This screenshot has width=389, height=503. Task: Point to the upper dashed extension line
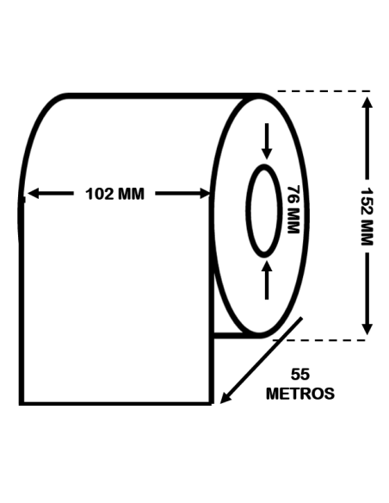click(323, 90)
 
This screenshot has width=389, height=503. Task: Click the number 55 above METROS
click(300, 375)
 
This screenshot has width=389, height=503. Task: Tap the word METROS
click(300, 394)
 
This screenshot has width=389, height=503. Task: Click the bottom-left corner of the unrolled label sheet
click(22, 402)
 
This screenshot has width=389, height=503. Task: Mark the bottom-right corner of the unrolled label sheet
click(212, 402)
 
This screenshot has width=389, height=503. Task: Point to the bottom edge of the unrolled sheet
click(116, 402)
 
